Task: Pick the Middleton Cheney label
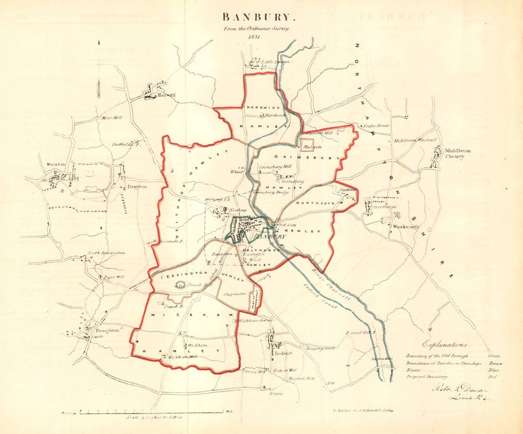pos(458,153)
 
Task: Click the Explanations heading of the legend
pos(446,345)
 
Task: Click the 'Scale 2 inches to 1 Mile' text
pos(155,417)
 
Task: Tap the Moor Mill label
pos(111,118)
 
